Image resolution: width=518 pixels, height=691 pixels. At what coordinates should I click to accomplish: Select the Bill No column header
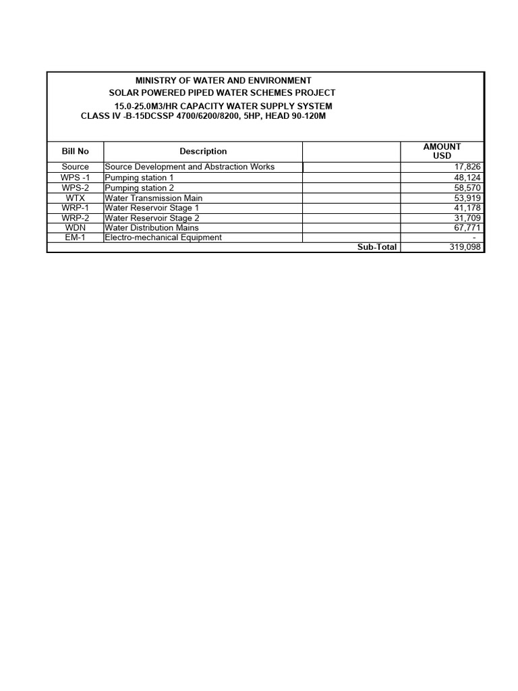coord(75,152)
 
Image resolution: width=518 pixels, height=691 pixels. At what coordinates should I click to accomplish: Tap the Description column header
coord(203,152)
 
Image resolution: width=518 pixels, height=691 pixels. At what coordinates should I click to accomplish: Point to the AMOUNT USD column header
coord(442,151)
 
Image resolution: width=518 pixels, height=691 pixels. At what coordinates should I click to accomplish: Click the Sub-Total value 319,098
coord(465,247)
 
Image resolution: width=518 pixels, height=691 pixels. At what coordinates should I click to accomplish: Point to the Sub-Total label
coord(377,247)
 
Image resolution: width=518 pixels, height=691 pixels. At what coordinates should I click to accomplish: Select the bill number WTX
coord(75,198)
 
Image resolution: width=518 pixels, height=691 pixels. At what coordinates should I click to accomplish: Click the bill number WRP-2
coord(75,218)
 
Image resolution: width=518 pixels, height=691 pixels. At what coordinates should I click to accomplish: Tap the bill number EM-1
coord(75,238)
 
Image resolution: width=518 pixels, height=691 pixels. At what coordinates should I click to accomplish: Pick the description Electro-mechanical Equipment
coord(163,238)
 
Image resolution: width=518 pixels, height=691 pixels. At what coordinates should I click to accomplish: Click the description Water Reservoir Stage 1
coord(152,208)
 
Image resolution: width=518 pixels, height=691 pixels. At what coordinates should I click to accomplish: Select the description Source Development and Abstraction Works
coord(190,167)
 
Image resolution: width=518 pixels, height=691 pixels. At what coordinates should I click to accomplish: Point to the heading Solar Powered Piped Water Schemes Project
coord(222,92)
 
